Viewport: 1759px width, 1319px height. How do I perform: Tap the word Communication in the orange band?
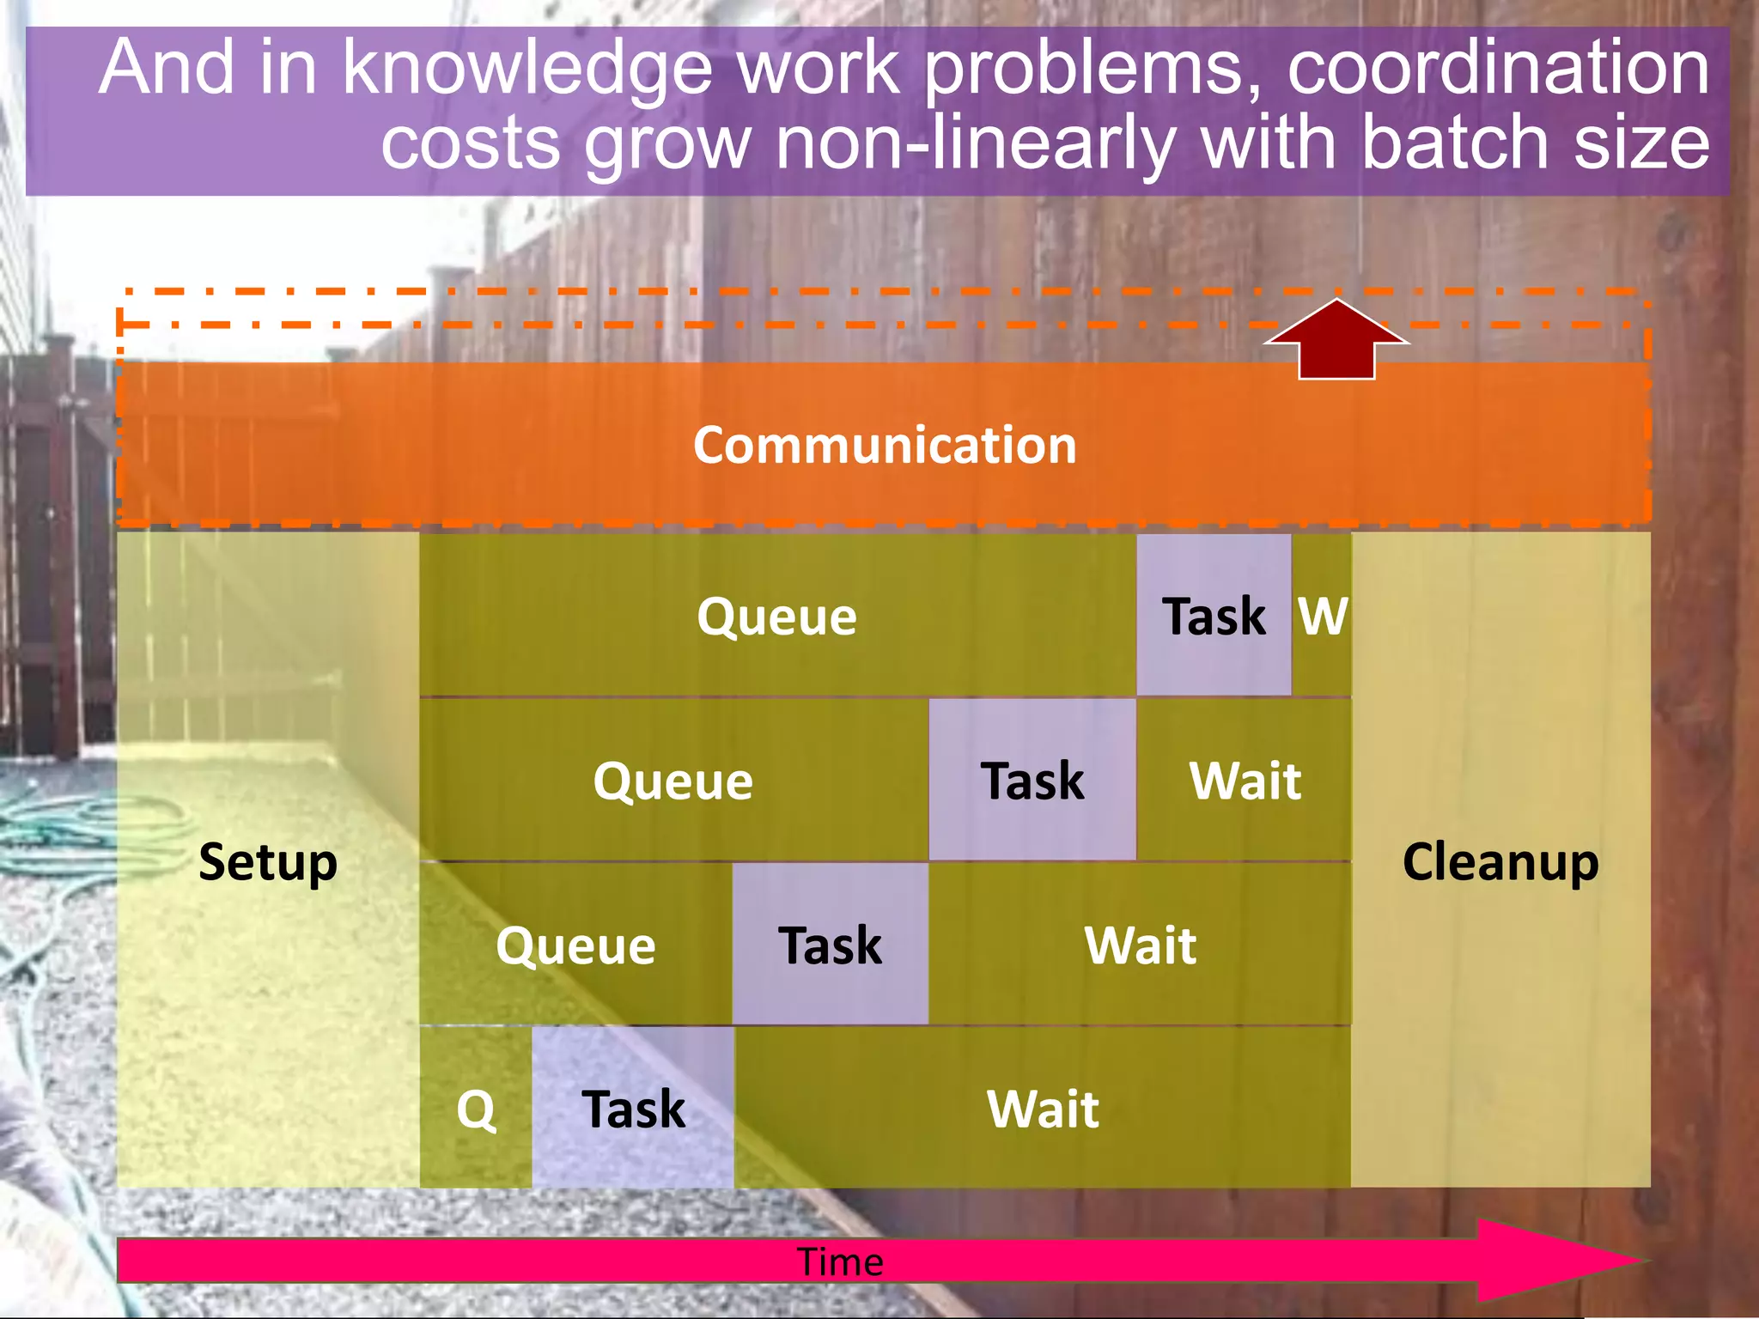pyautogui.click(x=885, y=446)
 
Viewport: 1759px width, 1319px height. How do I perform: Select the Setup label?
pyautogui.click(x=268, y=862)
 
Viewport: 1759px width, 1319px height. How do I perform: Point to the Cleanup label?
pyautogui.click(x=1500, y=862)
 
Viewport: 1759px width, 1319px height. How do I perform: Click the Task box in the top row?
pyautogui.click(x=1214, y=616)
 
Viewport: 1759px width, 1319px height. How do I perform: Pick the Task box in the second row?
pyautogui.click(x=1032, y=781)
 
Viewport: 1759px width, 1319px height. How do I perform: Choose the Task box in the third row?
pyautogui.click(x=830, y=945)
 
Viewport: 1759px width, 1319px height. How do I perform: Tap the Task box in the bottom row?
pyautogui.click(x=634, y=1109)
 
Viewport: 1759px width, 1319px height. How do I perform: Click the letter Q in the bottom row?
pyautogui.click(x=476, y=1109)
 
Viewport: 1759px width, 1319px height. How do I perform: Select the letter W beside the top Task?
pyautogui.click(x=1323, y=616)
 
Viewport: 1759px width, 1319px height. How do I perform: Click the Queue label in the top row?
pyautogui.click(x=776, y=617)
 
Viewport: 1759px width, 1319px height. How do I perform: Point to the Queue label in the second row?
pyautogui.click(x=673, y=781)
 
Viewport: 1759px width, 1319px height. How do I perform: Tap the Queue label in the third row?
pyautogui.click(x=575, y=945)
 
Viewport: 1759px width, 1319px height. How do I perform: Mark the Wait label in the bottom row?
pyautogui.click(x=1043, y=1109)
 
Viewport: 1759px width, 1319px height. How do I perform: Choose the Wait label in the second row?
pyautogui.click(x=1245, y=781)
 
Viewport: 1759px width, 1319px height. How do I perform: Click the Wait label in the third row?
pyautogui.click(x=1141, y=945)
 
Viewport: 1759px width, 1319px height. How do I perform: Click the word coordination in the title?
pyautogui.click(x=1498, y=69)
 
